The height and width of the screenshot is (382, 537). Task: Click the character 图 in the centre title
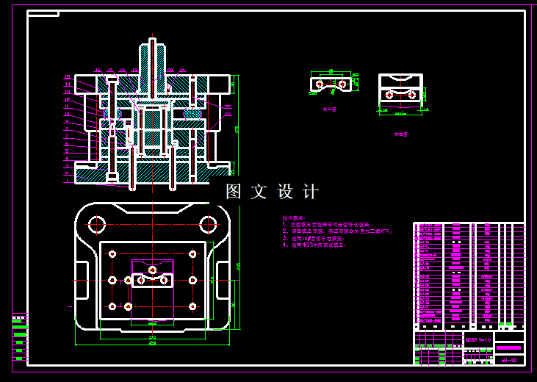(x=234, y=192)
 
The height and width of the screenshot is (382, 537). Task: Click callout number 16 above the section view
(x=98, y=70)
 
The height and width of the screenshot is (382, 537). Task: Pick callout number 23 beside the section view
(x=227, y=114)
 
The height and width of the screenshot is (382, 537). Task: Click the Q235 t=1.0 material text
(x=478, y=340)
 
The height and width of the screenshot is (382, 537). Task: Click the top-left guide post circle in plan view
(x=112, y=254)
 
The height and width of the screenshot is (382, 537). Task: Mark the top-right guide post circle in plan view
(x=192, y=254)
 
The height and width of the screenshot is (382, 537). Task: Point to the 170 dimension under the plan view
(x=152, y=336)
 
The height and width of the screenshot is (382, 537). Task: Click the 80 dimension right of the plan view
(x=234, y=303)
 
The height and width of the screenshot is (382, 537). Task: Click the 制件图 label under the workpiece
(x=329, y=109)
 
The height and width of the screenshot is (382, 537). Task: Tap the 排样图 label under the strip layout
(x=400, y=134)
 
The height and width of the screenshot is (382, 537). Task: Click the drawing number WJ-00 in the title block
(x=508, y=361)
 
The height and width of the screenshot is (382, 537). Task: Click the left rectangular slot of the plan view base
(x=87, y=279)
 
